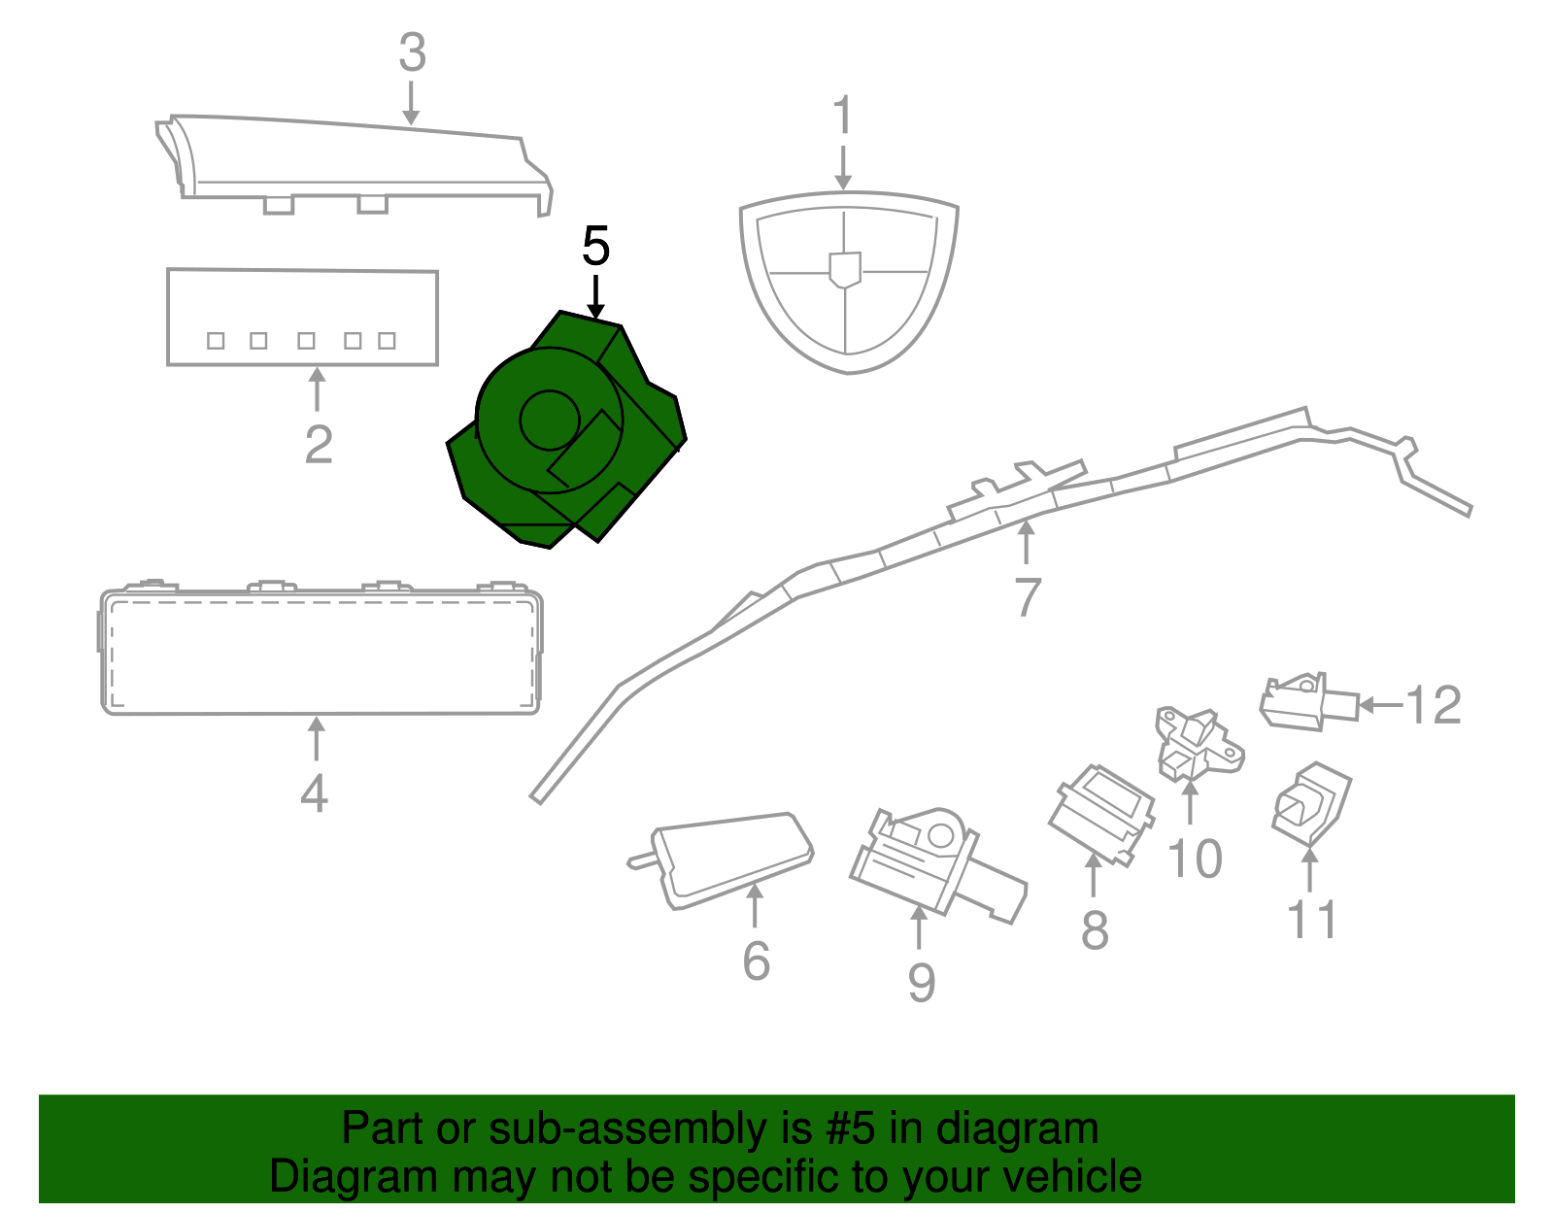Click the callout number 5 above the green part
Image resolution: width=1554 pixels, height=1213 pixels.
(x=595, y=247)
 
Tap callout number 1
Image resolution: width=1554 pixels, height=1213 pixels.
(x=843, y=116)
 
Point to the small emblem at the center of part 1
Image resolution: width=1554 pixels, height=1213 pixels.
(x=845, y=269)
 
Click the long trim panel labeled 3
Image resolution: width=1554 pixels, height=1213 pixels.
(x=350, y=160)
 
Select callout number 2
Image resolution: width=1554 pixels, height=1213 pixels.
(x=319, y=445)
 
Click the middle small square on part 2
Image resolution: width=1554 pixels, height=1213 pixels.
(x=306, y=341)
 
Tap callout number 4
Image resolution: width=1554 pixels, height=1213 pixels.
(x=314, y=793)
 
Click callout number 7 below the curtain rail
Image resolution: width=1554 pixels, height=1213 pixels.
(x=1028, y=596)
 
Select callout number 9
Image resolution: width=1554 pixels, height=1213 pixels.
(x=921, y=983)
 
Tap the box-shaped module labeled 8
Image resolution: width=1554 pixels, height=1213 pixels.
(x=1102, y=812)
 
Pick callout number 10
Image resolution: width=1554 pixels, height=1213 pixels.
(x=1194, y=859)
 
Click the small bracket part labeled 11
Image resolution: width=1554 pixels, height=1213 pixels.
(x=1311, y=802)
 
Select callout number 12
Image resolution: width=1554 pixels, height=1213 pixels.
(x=1433, y=705)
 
